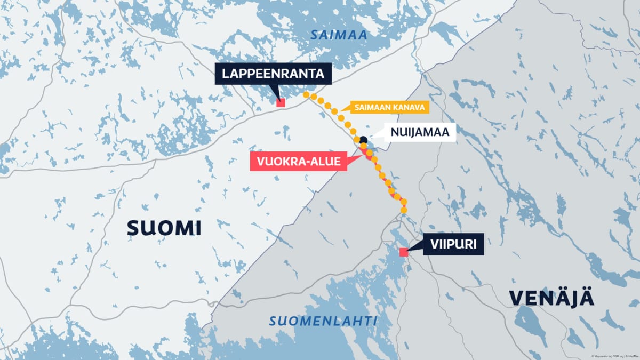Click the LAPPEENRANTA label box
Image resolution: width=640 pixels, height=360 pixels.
(273, 74)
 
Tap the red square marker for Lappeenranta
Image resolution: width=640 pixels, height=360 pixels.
(281, 103)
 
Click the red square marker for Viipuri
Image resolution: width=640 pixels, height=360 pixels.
(404, 252)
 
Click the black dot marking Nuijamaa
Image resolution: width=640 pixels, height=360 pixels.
(363, 140)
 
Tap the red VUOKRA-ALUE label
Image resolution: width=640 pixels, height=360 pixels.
(298, 161)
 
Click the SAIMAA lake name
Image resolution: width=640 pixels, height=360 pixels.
(332, 35)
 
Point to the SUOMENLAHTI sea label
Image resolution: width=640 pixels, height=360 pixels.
(323, 321)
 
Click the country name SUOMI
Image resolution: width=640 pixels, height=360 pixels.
(164, 228)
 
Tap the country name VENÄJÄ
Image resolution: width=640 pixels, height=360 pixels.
(551, 299)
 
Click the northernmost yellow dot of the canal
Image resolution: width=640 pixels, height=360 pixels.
(306, 94)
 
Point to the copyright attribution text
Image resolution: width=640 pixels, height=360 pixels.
(614, 356)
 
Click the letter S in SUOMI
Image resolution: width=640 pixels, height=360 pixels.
(133, 228)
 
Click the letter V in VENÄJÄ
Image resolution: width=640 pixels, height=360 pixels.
(516, 299)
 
